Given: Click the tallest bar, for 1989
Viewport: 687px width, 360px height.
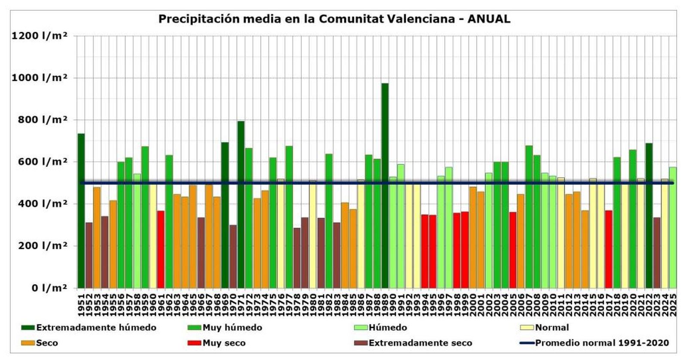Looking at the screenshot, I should pos(385,185).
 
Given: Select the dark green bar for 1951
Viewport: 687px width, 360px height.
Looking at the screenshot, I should pos(81,210).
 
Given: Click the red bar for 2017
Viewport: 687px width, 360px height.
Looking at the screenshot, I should pos(608,249).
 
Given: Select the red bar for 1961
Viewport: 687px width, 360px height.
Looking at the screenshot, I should pos(161,249).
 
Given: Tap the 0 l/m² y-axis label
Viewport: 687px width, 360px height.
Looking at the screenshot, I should pos(49,288).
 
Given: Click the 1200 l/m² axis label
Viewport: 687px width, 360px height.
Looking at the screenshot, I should pos(40,36).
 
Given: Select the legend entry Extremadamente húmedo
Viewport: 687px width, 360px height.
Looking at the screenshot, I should pos(96,328).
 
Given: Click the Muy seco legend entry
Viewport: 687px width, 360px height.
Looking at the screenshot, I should pos(224,343).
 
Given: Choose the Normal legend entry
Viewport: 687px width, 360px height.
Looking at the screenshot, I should pos(552,328).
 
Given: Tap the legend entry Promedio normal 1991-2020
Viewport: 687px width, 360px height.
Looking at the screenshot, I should pos(602,343).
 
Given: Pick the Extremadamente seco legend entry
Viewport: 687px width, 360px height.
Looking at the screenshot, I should pos(420,343).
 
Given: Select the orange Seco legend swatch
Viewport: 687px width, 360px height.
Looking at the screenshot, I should pos(27,343).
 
